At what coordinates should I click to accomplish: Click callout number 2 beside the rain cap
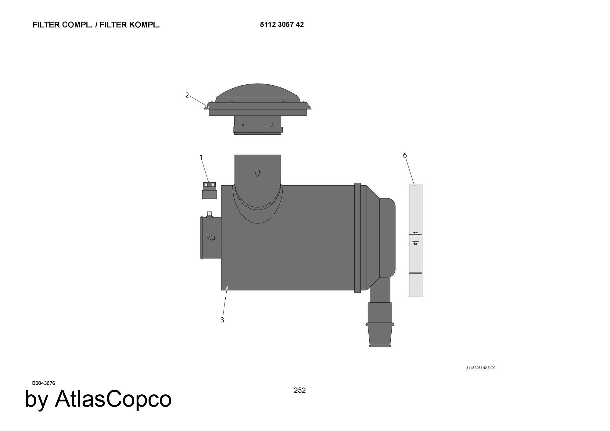(x=187, y=95)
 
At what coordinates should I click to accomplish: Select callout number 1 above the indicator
(x=201, y=157)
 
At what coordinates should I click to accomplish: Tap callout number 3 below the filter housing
(x=222, y=320)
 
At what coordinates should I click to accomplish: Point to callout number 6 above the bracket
(x=405, y=155)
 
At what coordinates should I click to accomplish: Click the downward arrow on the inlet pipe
(x=258, y=173)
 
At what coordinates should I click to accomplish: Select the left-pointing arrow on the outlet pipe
(x=211, y=238)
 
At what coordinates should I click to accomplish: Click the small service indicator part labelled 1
(x=210, y=191)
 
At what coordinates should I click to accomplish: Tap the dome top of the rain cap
(x=258, y=91)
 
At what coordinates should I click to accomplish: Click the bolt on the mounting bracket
(x=415, y=238)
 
